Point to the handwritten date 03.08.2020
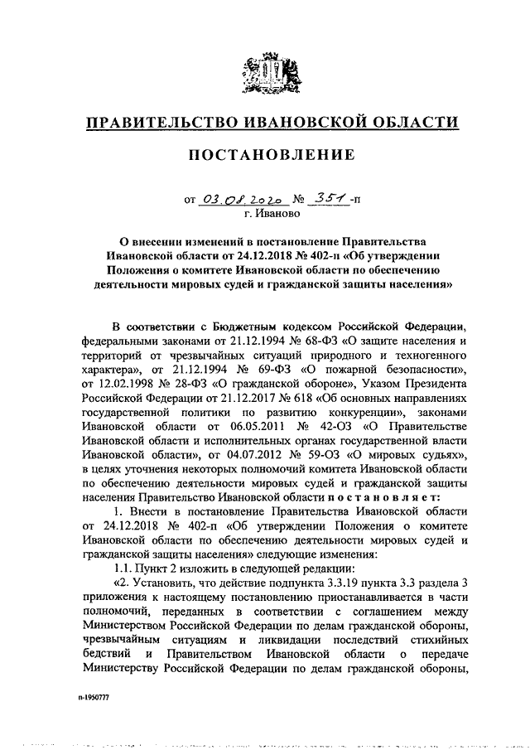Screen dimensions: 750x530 237,200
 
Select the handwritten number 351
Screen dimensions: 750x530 326,198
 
